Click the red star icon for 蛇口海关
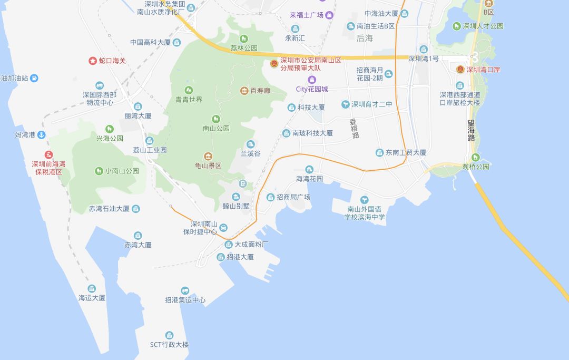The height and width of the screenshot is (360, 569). [93, 61]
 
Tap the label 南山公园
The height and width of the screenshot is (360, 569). [216, 128]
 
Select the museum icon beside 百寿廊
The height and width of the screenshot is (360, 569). [244, 91]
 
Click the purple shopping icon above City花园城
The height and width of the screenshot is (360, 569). [312, 80]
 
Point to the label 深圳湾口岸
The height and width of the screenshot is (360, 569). [483, 70]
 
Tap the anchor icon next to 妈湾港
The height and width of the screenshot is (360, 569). [41, 135]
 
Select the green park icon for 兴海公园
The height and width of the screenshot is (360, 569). [110, 129]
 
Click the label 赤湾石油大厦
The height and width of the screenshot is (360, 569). [109, 209]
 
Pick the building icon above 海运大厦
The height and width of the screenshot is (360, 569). [92, 288]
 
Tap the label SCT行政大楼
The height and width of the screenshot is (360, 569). [169, 345]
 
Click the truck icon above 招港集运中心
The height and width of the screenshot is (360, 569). [185, 290]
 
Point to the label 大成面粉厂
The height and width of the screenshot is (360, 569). [252, 245]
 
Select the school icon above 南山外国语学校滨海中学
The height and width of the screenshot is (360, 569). [365, 200]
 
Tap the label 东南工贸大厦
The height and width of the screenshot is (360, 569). [406, 153]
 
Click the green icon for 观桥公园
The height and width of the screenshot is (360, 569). [476, 157]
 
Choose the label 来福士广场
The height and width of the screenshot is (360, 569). [308, 15]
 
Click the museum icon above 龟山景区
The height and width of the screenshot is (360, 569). [208, 156]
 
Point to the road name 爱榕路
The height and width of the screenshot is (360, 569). [355, 128]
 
